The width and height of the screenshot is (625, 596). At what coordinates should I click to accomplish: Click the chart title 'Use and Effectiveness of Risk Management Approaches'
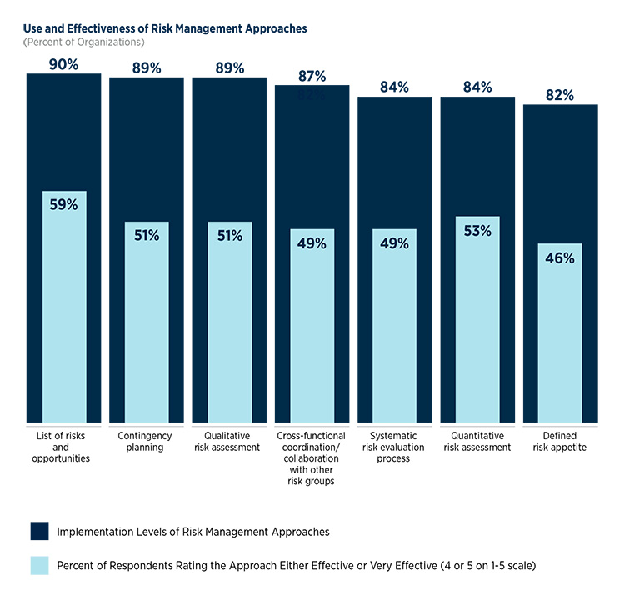pos(165,28)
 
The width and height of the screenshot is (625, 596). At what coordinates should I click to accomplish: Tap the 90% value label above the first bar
pos(63,63)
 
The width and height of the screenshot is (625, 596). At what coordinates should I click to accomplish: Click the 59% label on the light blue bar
pos(63,205)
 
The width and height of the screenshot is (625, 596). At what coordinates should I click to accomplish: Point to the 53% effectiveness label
pos(477,231)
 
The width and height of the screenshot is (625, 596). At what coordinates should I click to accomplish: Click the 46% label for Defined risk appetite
pos(560,258)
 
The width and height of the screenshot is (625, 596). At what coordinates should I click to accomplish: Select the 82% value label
pos(560,95)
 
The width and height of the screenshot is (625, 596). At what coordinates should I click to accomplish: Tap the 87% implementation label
pos(312,77)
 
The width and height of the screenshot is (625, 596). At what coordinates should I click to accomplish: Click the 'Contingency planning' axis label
pos(146,441)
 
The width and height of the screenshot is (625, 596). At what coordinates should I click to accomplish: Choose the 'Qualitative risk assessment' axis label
pos(228,441)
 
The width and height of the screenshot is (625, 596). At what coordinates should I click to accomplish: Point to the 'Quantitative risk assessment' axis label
pos(477,441)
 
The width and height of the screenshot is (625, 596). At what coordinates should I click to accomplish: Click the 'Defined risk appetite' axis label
pos(560,441)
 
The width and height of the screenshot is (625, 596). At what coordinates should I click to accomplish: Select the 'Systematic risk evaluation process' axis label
pos(394,447)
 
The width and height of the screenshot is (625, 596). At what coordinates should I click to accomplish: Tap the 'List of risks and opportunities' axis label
pos(63,447)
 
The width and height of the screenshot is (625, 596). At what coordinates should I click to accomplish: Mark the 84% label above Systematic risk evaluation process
pos(394,88)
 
